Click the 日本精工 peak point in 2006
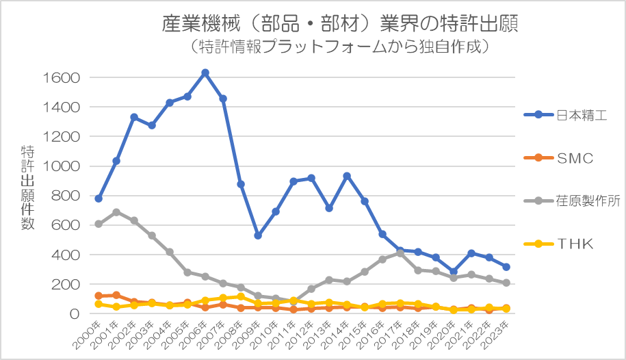coord(205,73)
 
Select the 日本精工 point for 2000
coord(99,198)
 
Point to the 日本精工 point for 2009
coord(259,235)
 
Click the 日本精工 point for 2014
coord(348,176)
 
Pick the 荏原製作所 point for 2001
coord(116,212)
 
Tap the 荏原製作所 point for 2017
coord(401,253)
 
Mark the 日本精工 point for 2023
coord(507,267)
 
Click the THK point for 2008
coord(241,296)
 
